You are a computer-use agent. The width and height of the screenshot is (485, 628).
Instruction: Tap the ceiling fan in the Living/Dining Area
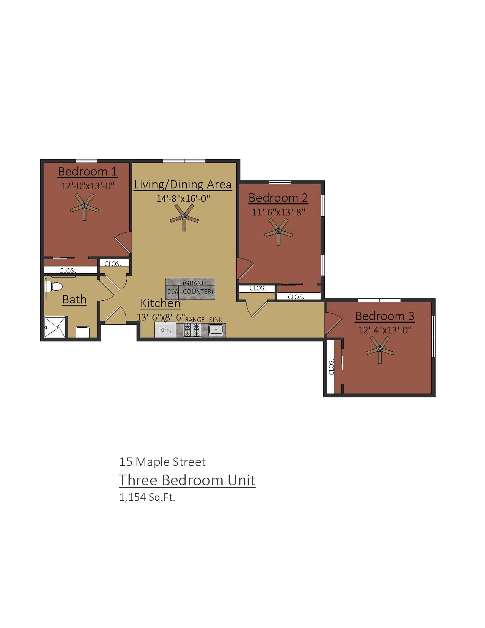(x=184, y=217)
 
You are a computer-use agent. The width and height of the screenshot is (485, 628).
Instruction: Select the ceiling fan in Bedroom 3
(x=380, y=349)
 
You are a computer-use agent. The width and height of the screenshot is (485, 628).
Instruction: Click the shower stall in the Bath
(x=56, y=327)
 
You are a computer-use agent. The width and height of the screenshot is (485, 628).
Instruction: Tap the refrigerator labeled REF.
(x=165, y=330)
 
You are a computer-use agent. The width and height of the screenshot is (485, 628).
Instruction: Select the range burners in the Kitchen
(x=192, y=330)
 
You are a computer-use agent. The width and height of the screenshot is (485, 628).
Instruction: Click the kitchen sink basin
(x=216, y=330)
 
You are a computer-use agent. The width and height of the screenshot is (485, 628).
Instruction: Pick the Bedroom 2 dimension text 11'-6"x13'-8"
(x=279, y=212)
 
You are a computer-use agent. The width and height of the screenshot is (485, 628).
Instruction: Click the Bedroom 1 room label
(x=87, y=172)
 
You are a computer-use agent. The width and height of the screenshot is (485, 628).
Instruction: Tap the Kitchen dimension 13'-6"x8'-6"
(x=161, y=317)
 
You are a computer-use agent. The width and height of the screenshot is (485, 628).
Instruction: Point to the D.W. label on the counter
(x=173, y=292)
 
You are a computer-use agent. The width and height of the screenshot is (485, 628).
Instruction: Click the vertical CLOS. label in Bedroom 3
(x=331, y=367)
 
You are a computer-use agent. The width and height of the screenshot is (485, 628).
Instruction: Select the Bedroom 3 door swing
(x=332, y=322)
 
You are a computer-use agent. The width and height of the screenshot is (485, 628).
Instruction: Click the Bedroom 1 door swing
(x=124, y=242)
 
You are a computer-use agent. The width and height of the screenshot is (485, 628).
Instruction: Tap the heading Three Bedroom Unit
(x=187, y=480)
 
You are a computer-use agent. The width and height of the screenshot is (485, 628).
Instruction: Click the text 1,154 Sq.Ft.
(x=147, y=497)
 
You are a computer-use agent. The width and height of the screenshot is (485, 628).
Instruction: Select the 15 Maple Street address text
(x=162, y=462)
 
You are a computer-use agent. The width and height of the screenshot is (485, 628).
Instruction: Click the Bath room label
(x=74, y=300)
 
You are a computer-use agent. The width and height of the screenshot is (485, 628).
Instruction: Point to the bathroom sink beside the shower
(x=83, y=332)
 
